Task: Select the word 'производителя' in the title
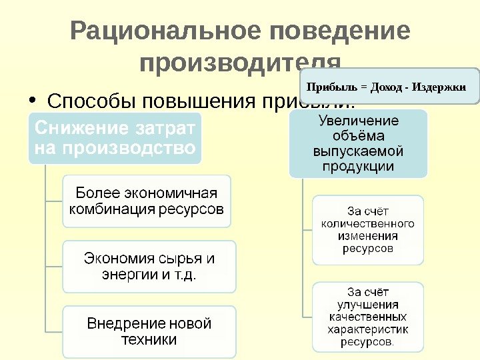coord(241,65)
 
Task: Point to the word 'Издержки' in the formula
coord(439,87)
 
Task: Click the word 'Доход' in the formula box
coord(384,87)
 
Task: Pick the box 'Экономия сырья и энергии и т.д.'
coord(149,266)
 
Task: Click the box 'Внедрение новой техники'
coord(149,331)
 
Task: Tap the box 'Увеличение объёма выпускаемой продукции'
coord(358,144)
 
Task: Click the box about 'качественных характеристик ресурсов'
coord(367,317)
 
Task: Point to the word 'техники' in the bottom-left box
coord(149,339)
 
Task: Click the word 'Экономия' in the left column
coord(119,258)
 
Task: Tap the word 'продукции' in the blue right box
coord(358,166)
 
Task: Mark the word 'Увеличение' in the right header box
coord(358,121)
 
